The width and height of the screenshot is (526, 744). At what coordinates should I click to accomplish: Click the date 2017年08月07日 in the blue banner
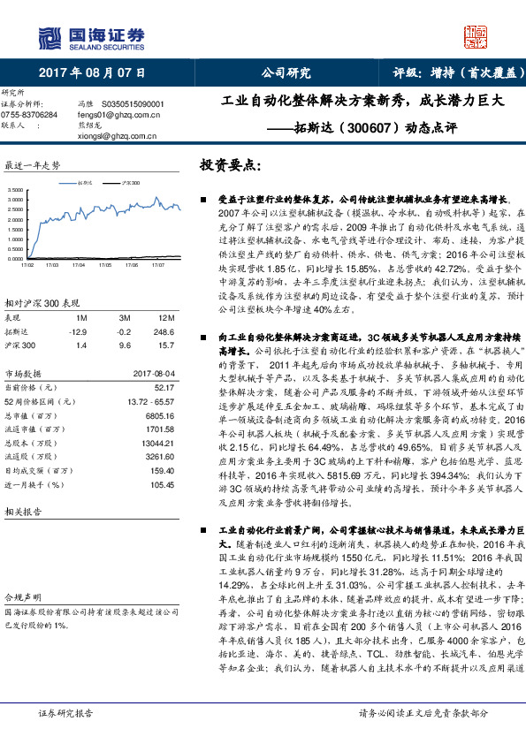[x=92, y=72]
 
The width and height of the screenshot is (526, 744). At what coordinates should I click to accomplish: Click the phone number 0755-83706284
[x=29, y=115]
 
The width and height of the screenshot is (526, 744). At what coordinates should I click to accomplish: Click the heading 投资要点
[x=232, y=165]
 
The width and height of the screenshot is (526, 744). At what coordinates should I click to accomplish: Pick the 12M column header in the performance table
[x=165, y=316]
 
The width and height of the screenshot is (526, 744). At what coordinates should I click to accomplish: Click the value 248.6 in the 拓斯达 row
[x=164, y=330]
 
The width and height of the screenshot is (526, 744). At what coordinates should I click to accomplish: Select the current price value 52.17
[x=164, y=386]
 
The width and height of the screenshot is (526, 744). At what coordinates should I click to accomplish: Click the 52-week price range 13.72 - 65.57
[x=151, y=401]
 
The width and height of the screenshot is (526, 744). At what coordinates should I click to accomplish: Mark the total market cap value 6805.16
[x=159, y=415]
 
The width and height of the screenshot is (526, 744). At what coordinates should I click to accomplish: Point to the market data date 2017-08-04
[x=153, y=373]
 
